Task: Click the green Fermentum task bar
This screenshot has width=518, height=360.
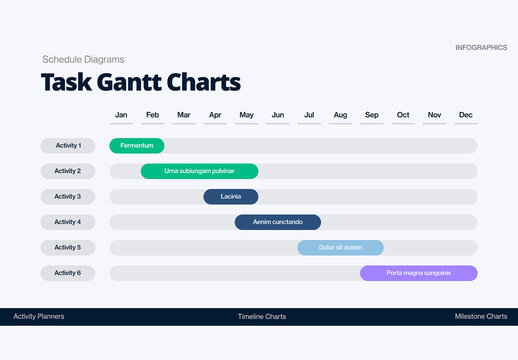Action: pyautogui.click(x=136, y=146)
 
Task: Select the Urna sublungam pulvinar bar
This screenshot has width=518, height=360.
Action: pyautogui.click(x=199, y=171)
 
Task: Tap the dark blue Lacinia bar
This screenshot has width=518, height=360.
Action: pyautogui.click(x=231, y=197)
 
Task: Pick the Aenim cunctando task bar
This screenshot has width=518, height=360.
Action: pyautogui.click(x=278, y=222)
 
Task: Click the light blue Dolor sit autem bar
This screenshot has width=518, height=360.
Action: pyautogui.click(x=340, y=247)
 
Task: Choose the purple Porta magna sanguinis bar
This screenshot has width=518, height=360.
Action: pyautogui.click(x=419, y=273)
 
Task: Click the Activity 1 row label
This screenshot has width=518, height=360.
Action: pyautogui.click(x=68, y=146)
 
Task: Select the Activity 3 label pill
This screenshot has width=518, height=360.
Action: pyautogui.click(x=68, y=197)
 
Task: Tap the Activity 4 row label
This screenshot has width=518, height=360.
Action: pyautogui.click(x=68, y=222)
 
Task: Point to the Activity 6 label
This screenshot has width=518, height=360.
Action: pyautogui.click(x=68, y=273)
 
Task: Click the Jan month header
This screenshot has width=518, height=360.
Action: pyautogui.click(x=121, y=115)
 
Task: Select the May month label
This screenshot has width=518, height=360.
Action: pyautogui.click(x=246, y=115)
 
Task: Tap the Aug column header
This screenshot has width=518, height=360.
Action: pyautogui.click(x=340, y=115)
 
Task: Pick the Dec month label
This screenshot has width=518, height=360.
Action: pyautogui.click(x=465, y=115)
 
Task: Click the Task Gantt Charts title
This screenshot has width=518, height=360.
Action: pyautogui.click(x=140, y=82)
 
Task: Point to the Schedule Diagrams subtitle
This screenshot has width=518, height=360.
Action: pyautogui.click(x=83, y=59)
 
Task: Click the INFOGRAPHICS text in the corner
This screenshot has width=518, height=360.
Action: pyautogui.click(x=480, y=48)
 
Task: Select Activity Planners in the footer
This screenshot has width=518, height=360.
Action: pyautogui.click(x=39, y=316)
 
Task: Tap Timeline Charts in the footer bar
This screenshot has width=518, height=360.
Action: pyautogui.click(x=262, y=316)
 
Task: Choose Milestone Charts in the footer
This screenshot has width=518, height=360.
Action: pyautogui.click(x=481, y=316)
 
